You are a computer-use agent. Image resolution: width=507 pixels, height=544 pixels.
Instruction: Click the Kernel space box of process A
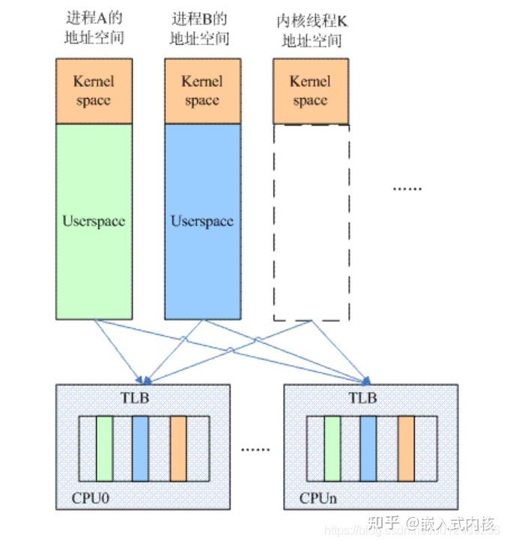94,91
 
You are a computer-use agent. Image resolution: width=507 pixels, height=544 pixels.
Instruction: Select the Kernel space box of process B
202,91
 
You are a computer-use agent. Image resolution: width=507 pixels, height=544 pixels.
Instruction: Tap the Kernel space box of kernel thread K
310,91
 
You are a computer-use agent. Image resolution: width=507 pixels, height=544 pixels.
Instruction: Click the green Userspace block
94,221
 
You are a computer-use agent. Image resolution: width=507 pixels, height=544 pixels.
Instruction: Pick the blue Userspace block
202,221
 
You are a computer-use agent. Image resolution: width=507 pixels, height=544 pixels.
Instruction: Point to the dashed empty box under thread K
310,222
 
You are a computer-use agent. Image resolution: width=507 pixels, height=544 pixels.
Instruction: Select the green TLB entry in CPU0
105,448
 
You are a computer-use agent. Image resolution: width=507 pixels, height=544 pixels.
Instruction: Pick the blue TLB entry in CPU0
141,448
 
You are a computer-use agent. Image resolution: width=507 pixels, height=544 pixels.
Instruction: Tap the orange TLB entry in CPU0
178,448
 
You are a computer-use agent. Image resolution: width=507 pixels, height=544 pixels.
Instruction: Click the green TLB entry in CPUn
333,448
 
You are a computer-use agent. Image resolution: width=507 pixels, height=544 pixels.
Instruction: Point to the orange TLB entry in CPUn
406,448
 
